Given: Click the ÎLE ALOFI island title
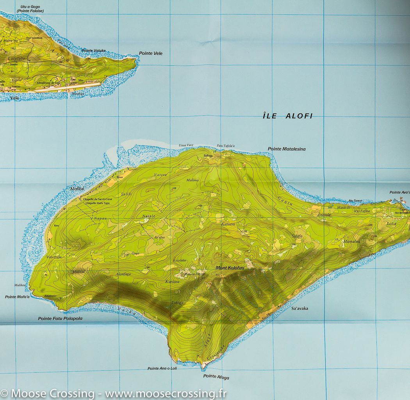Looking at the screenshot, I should point(288,116).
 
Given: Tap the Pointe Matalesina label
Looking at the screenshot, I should point(287,149).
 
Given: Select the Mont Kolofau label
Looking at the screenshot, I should point(230,268).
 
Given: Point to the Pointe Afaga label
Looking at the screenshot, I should point(216,377).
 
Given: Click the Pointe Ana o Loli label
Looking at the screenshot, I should point(162,368).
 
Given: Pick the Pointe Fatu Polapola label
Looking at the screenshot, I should point(60,319).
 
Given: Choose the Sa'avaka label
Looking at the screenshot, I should point(300,309).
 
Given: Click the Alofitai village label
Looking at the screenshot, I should point(77,189).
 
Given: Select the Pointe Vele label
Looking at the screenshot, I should point(151,53).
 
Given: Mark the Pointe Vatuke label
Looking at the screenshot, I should point(94,50).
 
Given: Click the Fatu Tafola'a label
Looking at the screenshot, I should point(226,146).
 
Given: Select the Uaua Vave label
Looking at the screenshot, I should point(186,145).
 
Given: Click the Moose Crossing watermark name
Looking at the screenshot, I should point(52,393).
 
